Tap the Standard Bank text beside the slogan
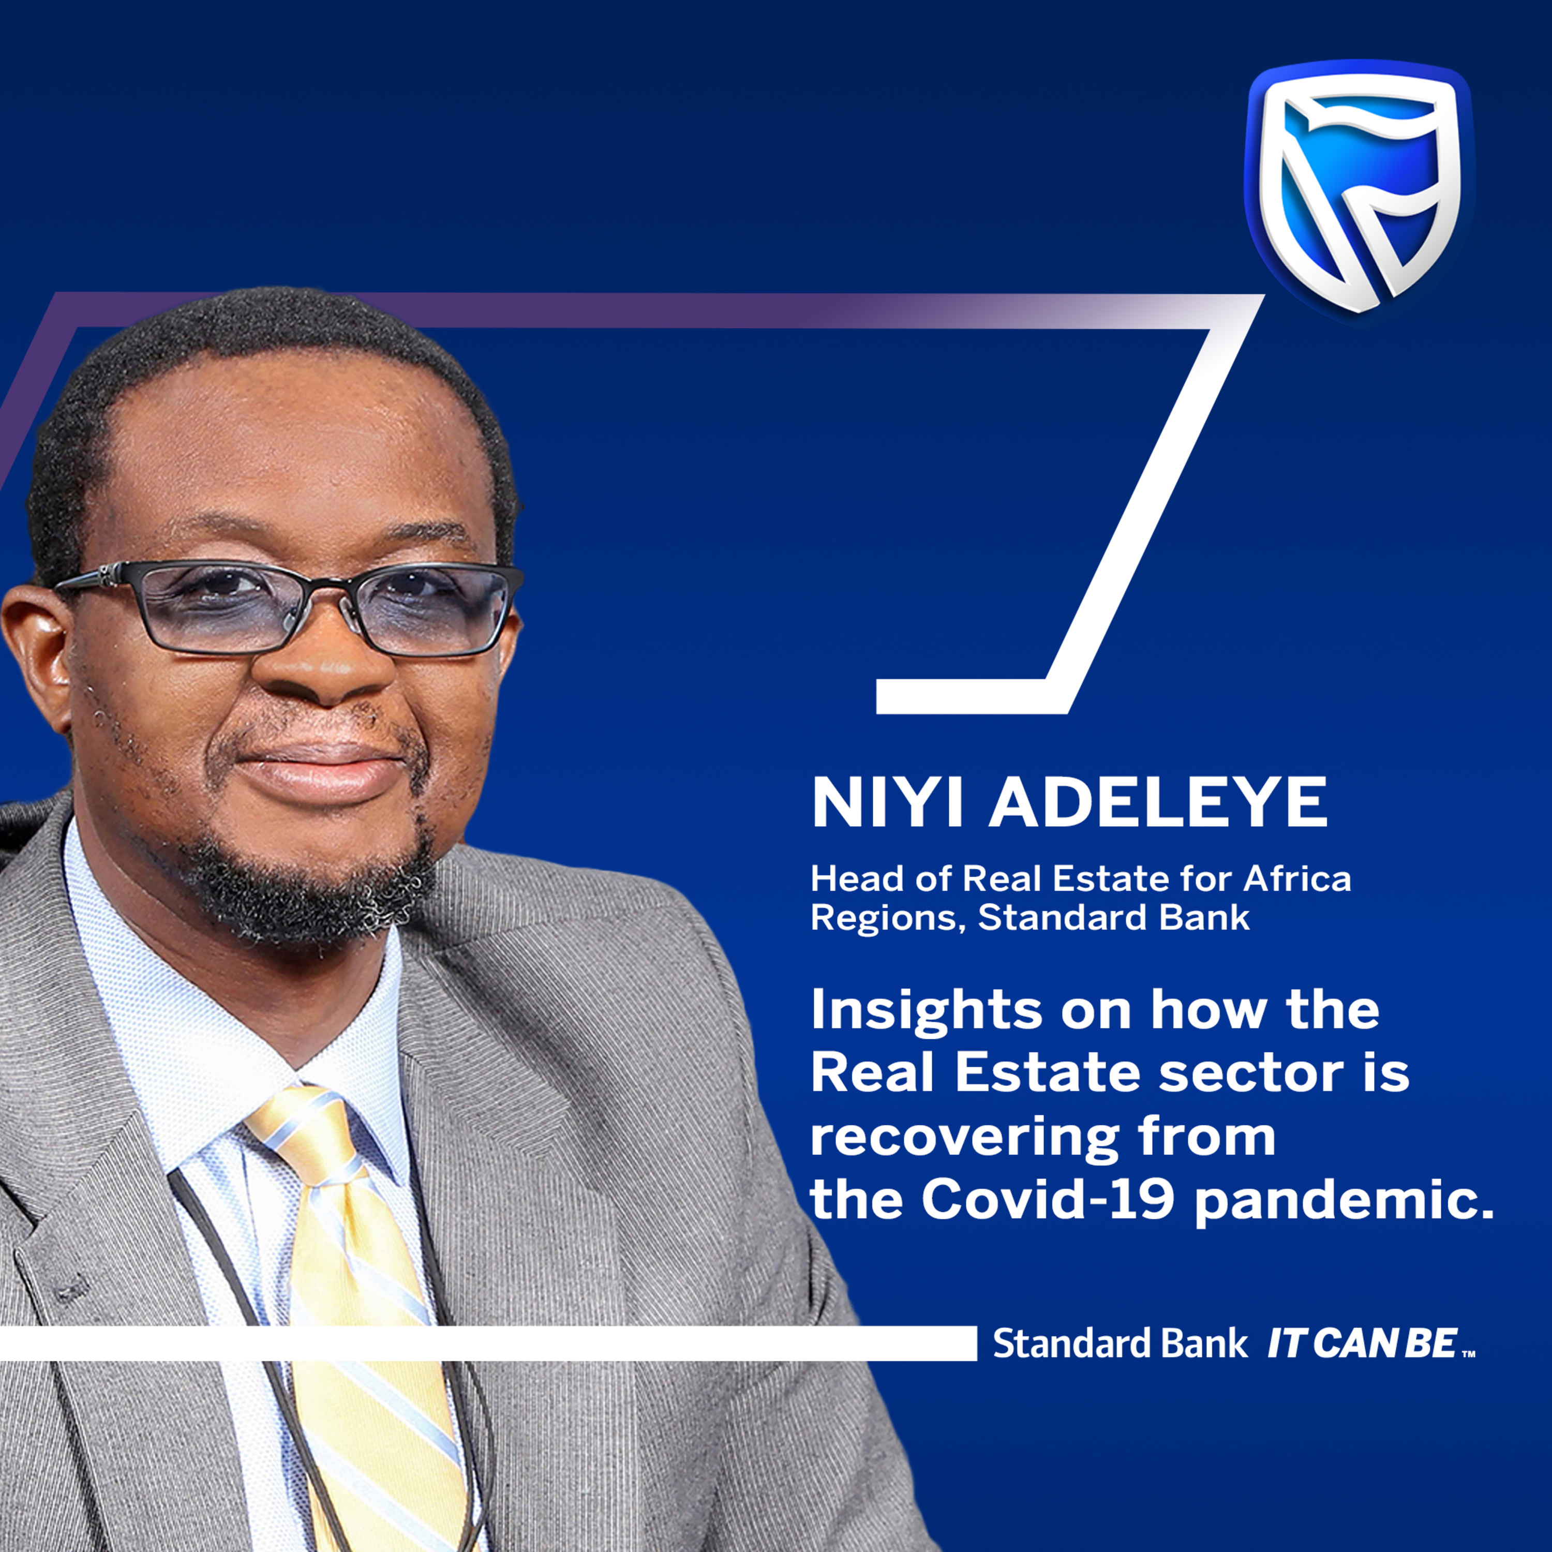tap(1120, 1344)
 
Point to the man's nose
tap(325, 667)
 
